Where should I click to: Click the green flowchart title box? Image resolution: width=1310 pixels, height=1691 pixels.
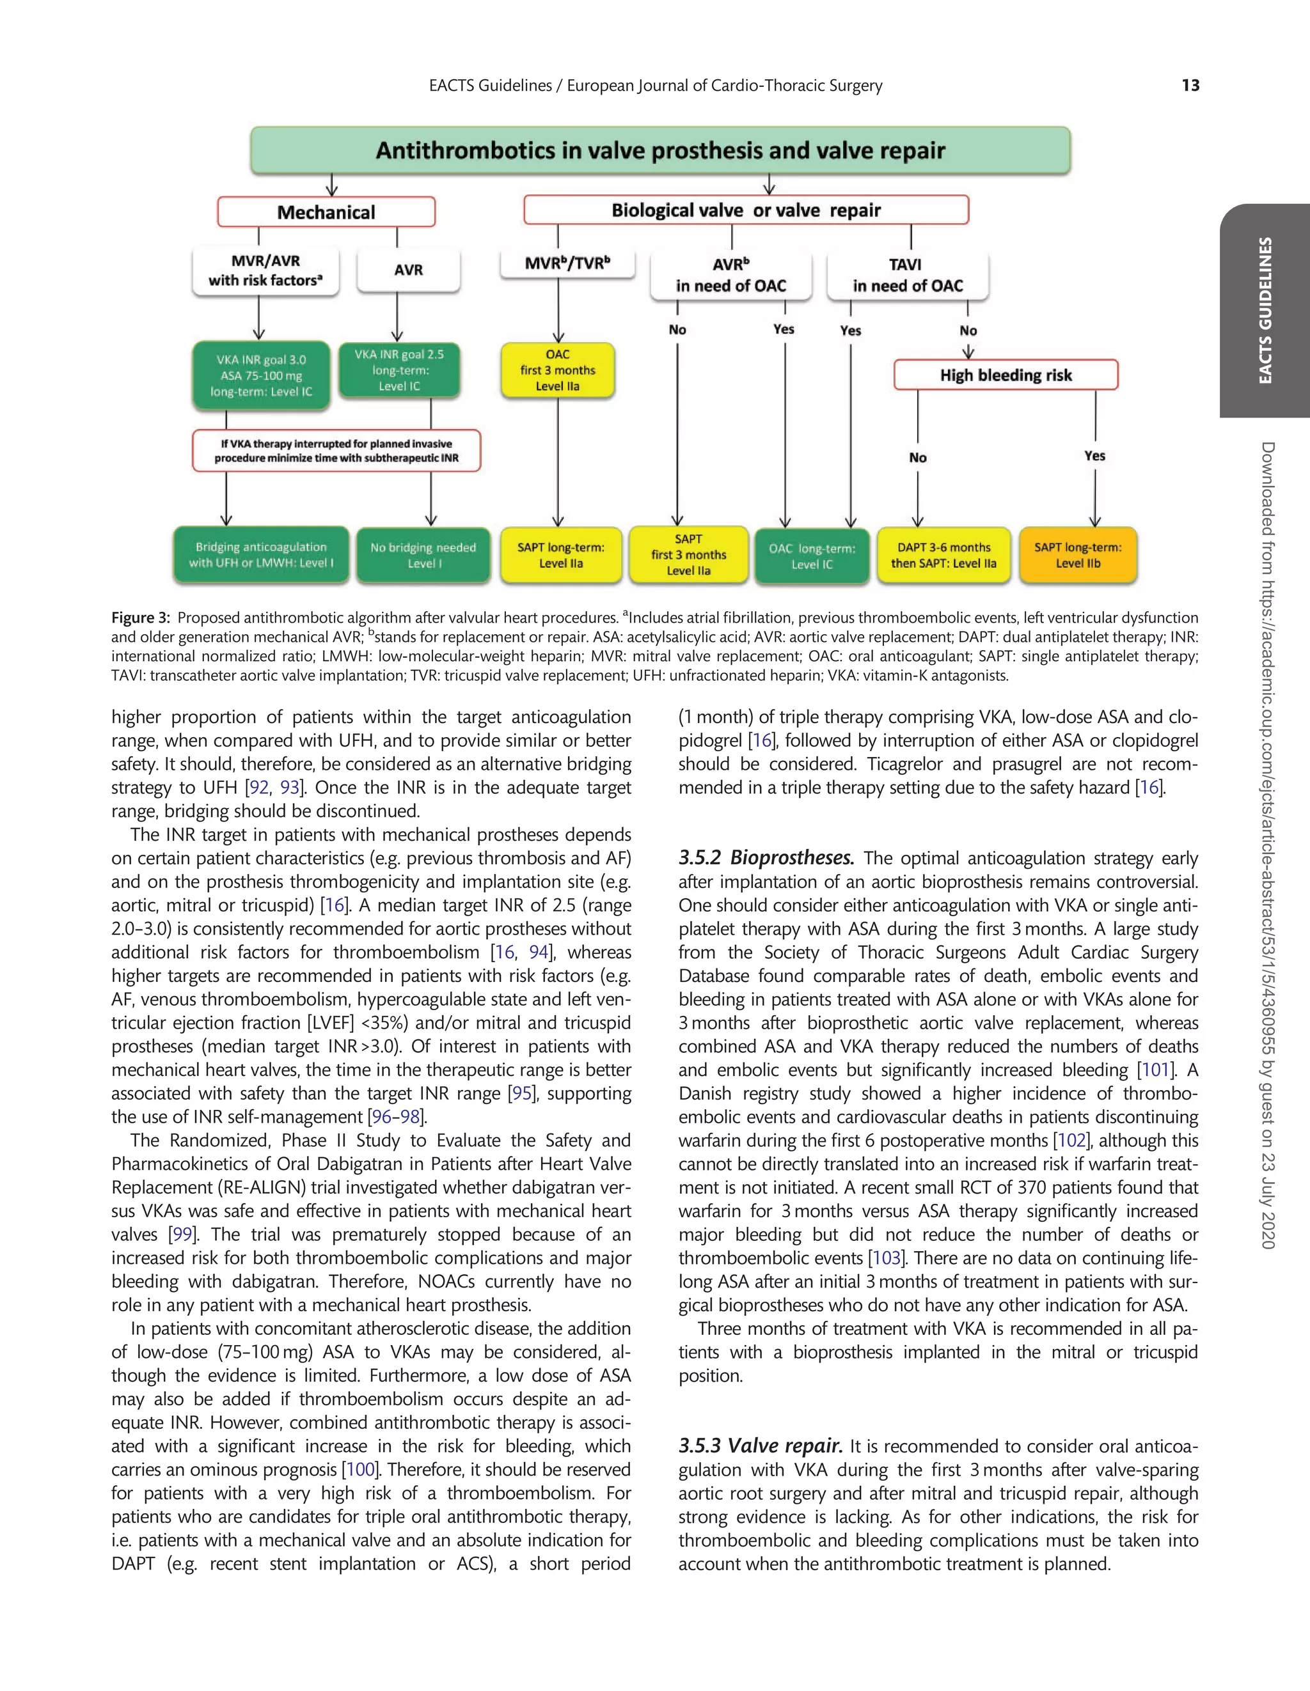660,150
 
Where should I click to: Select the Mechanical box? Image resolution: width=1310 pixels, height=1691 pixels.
326,212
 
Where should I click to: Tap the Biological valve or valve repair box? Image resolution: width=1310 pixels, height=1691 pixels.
745,210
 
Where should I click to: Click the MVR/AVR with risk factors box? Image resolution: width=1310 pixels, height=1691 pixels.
265,270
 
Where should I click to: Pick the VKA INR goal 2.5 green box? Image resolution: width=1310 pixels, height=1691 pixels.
399,370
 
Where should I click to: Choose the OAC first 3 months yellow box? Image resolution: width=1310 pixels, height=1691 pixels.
558,370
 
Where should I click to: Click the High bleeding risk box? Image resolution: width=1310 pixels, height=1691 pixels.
1006,375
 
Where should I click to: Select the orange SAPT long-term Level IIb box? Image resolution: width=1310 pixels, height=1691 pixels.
1078,555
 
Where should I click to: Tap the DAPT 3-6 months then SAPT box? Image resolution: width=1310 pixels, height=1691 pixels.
943,555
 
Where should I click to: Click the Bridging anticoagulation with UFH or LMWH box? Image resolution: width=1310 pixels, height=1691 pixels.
261,555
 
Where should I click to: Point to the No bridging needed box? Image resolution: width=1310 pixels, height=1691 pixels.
423,555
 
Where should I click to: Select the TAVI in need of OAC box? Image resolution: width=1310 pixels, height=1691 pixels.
907,276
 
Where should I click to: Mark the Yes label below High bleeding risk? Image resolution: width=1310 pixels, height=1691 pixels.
1094,455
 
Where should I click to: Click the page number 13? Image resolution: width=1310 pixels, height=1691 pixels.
1190,86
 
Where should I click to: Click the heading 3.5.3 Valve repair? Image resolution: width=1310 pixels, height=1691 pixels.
760,1446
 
